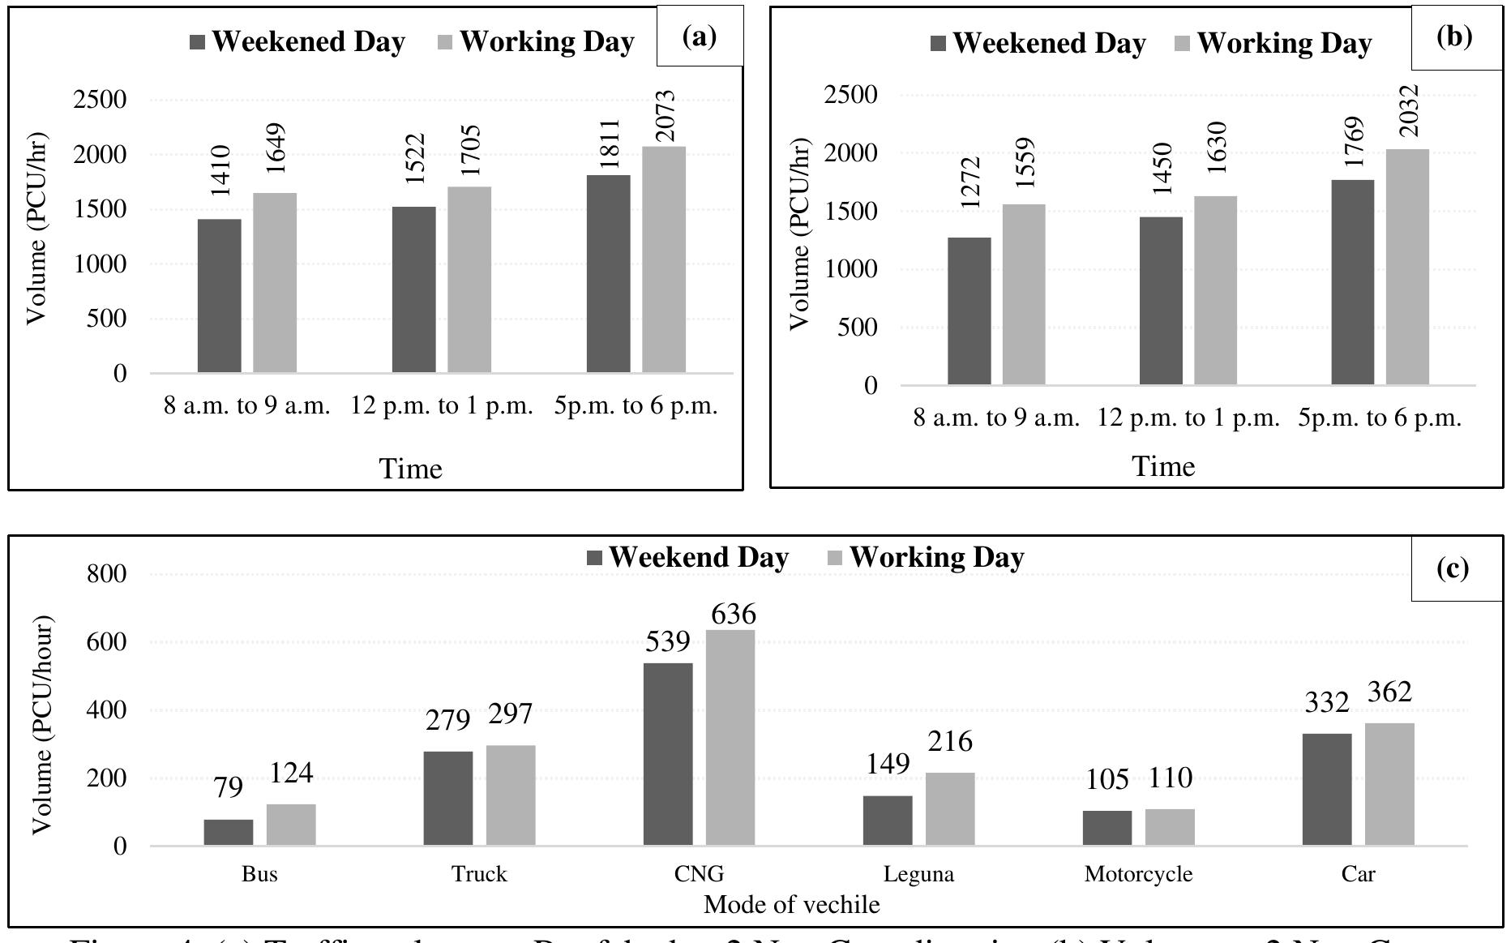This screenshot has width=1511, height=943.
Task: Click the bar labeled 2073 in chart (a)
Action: [x=664, y=259]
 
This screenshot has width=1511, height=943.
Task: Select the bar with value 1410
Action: [x=219, y=296]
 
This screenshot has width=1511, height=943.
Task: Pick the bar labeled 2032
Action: [x=1407, y=267]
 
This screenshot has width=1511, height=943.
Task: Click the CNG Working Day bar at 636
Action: [x=730, y=738]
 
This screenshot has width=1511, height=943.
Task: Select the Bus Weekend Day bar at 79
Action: [x=229, y=832]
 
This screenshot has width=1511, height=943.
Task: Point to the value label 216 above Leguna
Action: [x=950, y=742]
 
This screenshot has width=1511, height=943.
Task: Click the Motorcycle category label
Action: [x=1138, y=874]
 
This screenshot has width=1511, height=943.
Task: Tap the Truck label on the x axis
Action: [x=479, y=874]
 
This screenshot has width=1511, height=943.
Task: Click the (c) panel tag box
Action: [x=1456, y=568]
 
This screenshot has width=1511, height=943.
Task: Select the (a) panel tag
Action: [x=700, y=36]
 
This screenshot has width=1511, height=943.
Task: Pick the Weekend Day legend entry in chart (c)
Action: [x=687, y=557]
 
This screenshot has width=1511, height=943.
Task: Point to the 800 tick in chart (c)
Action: [x=107, y=574]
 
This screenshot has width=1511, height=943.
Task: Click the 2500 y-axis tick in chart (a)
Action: [x=100, y=100]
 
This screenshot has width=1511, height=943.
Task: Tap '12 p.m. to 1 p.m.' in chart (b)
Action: [x=1188, y=418]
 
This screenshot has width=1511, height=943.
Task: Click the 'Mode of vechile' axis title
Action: [x=791, y=904]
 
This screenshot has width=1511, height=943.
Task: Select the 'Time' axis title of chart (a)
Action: [x=411, y=469]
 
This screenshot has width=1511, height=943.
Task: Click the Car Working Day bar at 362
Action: [x=1389, y=784]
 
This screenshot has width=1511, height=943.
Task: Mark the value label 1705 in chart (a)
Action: [x=470, y=151]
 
